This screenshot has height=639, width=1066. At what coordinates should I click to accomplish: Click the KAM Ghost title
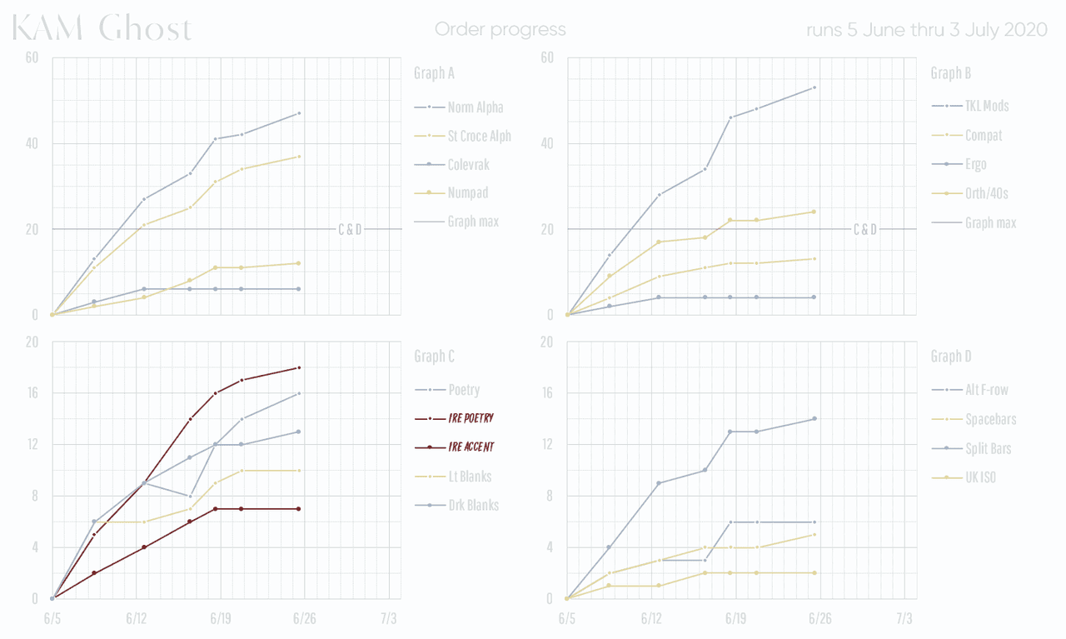102,30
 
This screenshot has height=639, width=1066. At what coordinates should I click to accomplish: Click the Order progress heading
500,30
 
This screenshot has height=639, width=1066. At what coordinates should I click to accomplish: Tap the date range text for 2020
926,30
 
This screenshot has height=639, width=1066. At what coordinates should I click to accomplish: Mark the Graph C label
434,357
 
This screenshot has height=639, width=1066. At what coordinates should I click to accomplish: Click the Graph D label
950,357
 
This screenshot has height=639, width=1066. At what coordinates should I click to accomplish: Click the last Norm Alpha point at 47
299,113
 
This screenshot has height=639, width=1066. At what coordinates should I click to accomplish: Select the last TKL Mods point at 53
814,87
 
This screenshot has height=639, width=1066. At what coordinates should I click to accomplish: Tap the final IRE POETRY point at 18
299,367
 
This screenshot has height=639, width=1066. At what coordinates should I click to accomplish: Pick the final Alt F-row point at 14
814,419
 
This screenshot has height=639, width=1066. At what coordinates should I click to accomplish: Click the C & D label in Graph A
350,230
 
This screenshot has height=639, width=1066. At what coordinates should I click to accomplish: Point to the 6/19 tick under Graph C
220,619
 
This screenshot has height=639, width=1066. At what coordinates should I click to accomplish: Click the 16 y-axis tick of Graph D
546,393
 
